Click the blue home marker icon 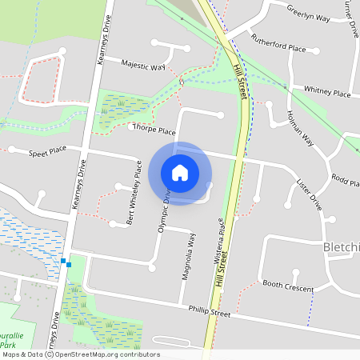[x=180, y=173]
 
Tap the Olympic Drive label [x=164, y=210]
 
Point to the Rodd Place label [x=344, y=182]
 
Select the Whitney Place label [x=326, y=92]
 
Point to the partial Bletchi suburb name [x=341, y=248]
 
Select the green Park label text [x=14, y=342]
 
